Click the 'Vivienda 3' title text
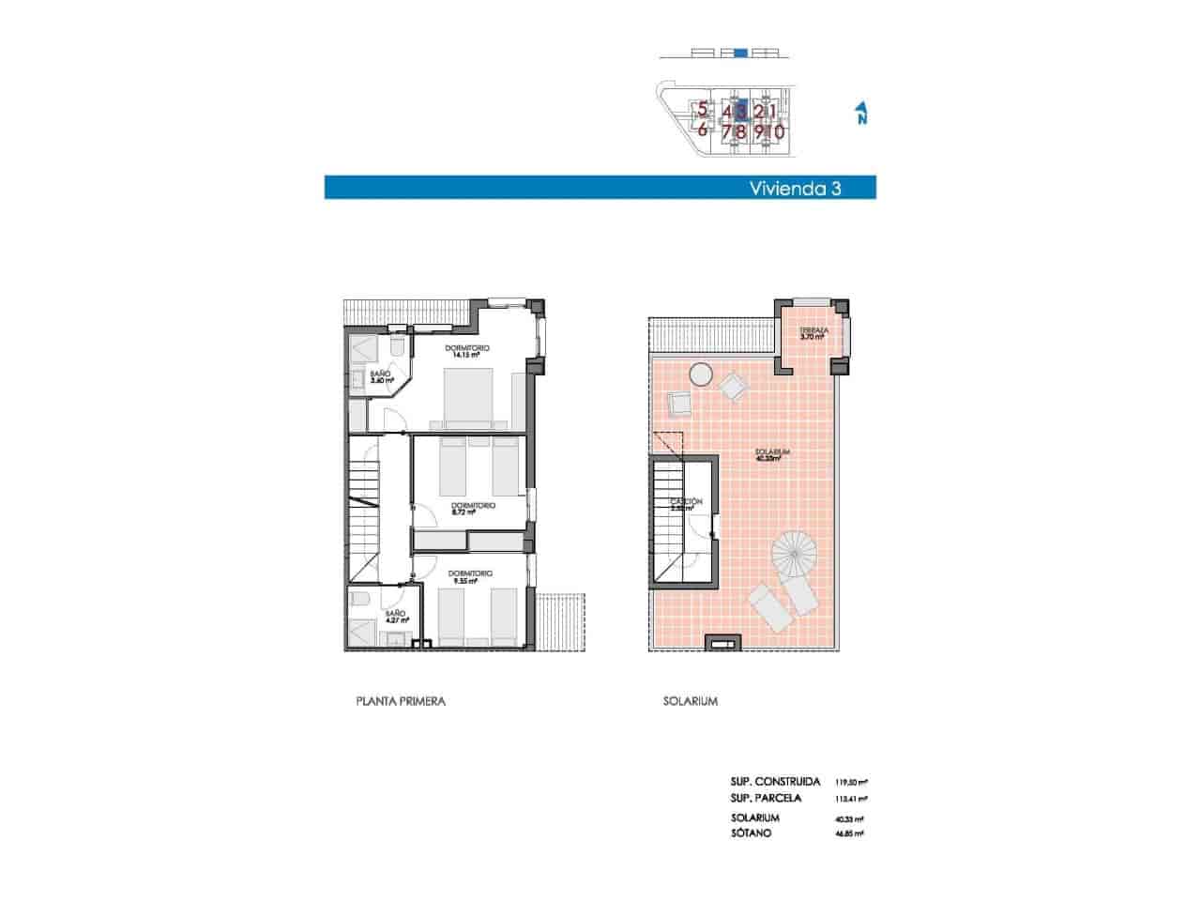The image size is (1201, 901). point(794,188)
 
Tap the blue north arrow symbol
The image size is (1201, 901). point(860,114)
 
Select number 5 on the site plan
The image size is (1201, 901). point(702,110)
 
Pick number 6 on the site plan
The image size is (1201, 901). point(702,130)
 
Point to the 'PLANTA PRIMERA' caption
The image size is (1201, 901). point(401,701)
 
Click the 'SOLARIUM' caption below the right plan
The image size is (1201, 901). point(690,701)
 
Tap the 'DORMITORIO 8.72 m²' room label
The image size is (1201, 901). point(472,509)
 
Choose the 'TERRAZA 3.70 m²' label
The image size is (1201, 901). point(813,334)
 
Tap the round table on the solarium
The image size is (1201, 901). point(701,374)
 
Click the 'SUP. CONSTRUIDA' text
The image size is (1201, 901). point(775,782)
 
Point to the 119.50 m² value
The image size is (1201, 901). point(851,782)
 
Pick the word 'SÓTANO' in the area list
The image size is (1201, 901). point(752,833)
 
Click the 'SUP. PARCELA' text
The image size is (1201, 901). point(766,799)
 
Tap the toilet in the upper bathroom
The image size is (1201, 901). point(396,349)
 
